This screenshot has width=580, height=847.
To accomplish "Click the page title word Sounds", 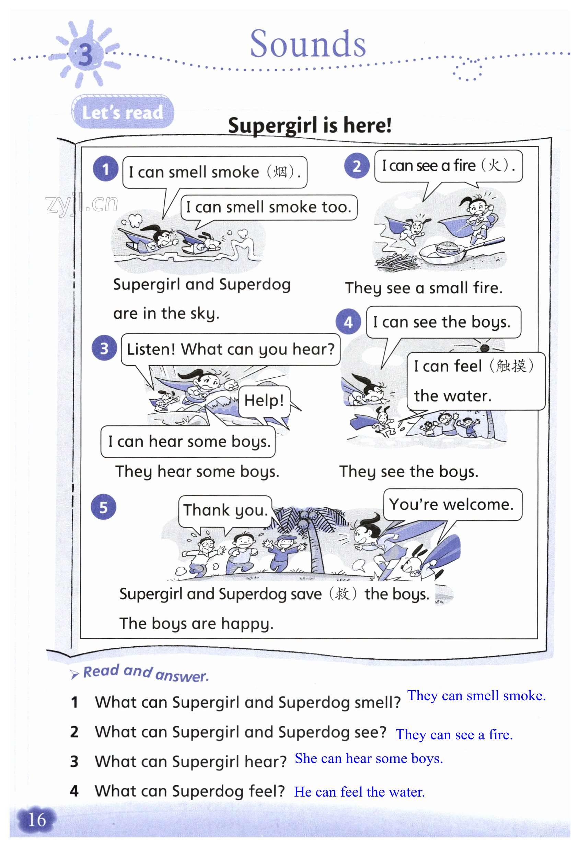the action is tap(308, 44).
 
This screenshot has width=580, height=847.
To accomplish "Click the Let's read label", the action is tap(123, 112).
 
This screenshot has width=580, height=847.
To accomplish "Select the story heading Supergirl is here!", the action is tap(310, 125).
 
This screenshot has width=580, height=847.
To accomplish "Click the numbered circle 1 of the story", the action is tap(105, 169).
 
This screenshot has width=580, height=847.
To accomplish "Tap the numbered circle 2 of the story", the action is tap(357, 166).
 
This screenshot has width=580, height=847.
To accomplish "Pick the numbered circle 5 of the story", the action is tap(104, 507).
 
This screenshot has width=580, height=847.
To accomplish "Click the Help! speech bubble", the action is tap(264, 401).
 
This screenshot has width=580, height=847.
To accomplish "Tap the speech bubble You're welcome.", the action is tap(452, 505).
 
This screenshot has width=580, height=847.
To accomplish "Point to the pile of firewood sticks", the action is tap(396, 262).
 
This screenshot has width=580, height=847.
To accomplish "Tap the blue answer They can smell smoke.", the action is tap(476, 696).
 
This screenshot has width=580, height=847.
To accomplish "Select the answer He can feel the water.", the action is tap(359, 792).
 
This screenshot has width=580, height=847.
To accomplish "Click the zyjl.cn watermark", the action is tap(82, 204).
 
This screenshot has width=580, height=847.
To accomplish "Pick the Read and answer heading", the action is tap(146, 673).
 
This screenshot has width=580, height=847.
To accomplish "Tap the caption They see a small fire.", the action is tap(424, 288).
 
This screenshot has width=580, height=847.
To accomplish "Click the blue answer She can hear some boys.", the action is tap(369, 758).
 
